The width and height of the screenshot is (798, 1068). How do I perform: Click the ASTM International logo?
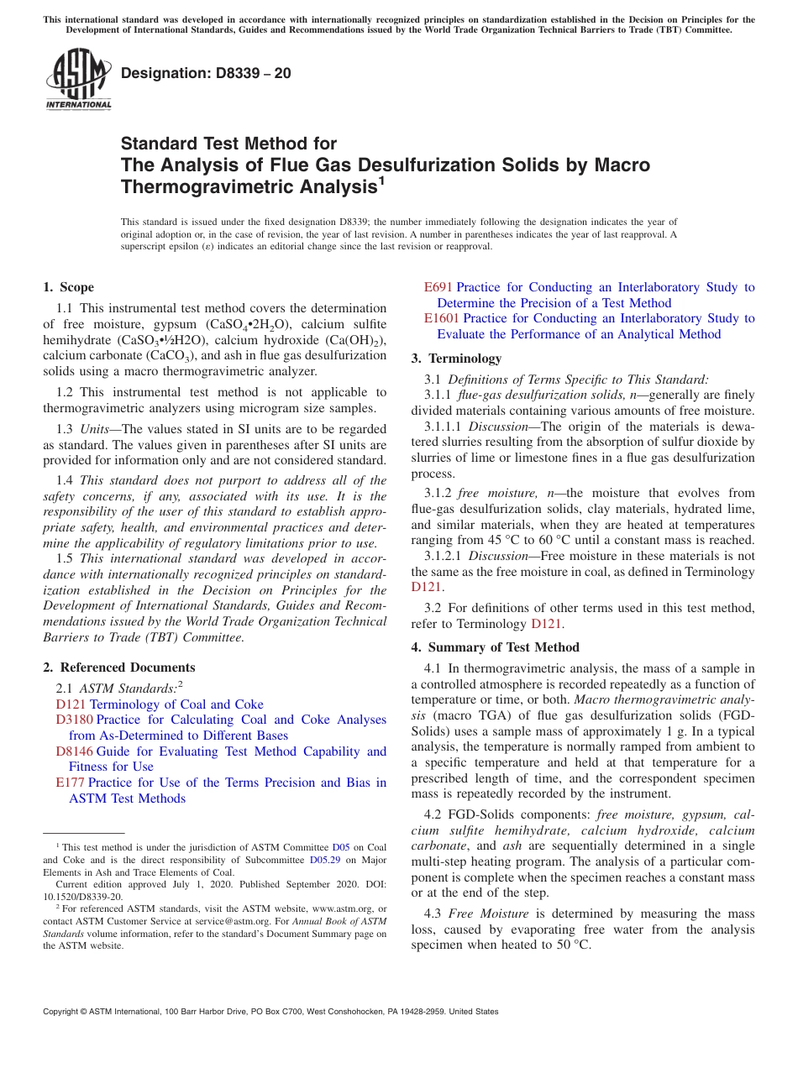click(78, 80)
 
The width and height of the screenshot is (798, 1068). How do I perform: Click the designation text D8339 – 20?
click(206, 73)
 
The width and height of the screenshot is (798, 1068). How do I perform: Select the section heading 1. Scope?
click(68, 287)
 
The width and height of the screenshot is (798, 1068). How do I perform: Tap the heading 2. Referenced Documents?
click(118, 667)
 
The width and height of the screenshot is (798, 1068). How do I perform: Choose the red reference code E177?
click(70, 783)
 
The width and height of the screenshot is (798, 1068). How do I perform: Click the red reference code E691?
click(438, 287)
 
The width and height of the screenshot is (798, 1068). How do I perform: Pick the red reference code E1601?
click(441, 318)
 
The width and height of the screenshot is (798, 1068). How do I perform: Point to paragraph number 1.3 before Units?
click(65, 429)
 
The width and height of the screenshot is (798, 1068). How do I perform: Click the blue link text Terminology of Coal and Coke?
click(176, 704)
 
